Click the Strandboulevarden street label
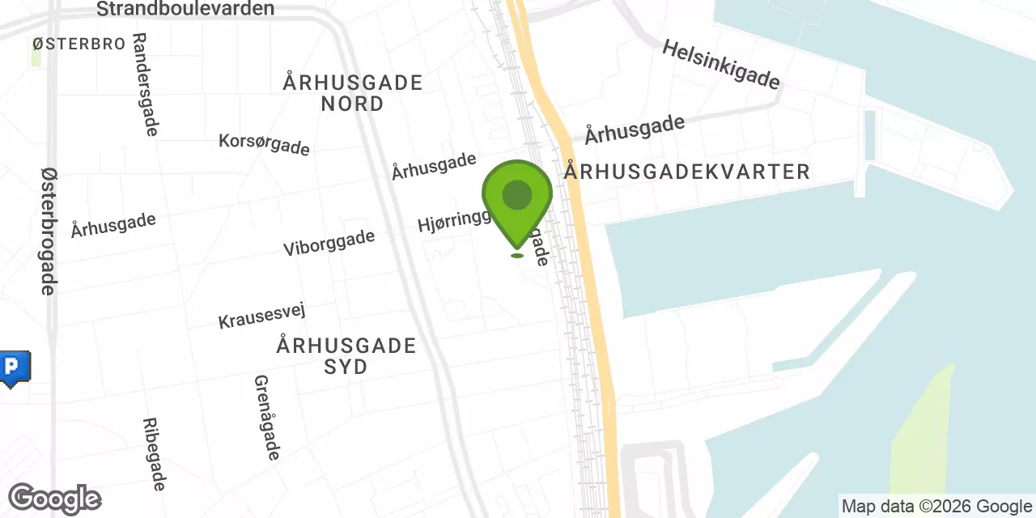[185, 9]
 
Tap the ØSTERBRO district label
[79, 44]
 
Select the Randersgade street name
[145, 84]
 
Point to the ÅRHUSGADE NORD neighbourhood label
[353, 93]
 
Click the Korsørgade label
[264, 144]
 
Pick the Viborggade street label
[329, 242]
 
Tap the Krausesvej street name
[261, 316]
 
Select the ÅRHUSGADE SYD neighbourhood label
[346, 355]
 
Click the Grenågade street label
[266, 418]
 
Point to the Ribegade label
[154, 454]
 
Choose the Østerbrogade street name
[49, 231]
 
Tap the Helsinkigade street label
[720, 65]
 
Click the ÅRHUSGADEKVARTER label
[687, 172]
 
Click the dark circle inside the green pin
[517, 195]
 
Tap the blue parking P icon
[13, 368]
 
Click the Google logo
[54, 499]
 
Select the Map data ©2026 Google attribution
[936, 507]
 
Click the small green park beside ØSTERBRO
[36, 57]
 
